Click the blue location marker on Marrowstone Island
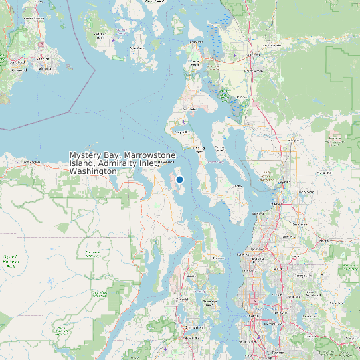tap(179, 179)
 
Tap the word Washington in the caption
tap(93, 171)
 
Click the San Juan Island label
tap(100, 36)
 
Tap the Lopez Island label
tap(138, 48)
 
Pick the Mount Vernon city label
tap(253, 70)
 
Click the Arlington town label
tap(292, 140)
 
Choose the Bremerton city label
tap(193, 327)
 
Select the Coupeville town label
tap(181, 132)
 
